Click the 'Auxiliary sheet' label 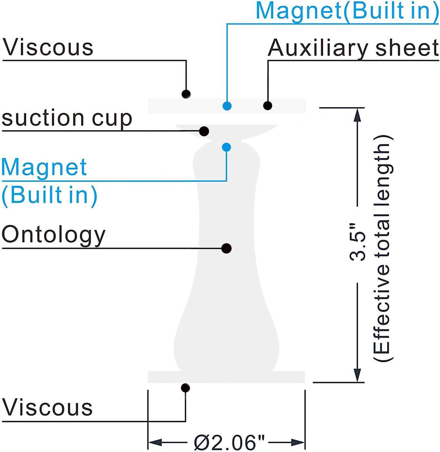pyautogui.click(x=353, y=48)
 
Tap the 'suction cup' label pyautogui.click(x=67, y=118)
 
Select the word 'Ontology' pyautogui.click(x=54, y=235)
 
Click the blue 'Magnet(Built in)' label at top pyautogui.click(x=347, y=10)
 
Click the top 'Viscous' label pyautogui.click(x=48, y=47)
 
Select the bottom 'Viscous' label pyautogui.click(x=47, y=406)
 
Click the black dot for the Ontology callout pyautogui.click(x=226, y=248)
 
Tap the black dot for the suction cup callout pyautogui.click(x=205, y=131)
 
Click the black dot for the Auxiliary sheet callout pyautogui.click(x=268, y=106)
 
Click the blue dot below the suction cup pyautogui.click(x=226, y=147)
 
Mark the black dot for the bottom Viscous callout pyautogui.click(x=185, y=388)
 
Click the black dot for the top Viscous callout pyautogui.click(x=186, y=94)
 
